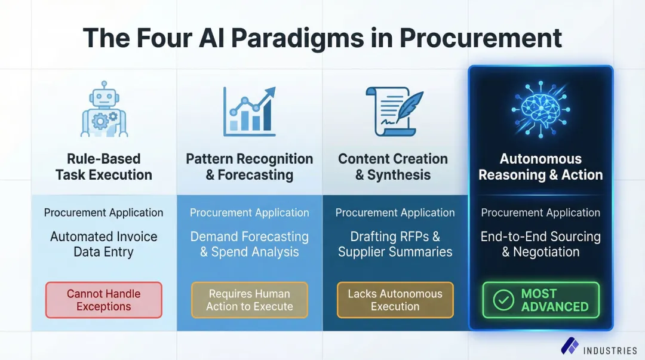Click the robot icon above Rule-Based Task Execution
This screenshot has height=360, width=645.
[x=104, y=109]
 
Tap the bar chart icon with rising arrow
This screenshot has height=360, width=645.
[x=249, y=110]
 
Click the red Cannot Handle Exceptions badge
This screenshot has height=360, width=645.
[x=104, y=300]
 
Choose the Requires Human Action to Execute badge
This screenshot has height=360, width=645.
[x=249, y=300]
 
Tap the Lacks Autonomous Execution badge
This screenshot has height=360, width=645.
[x=395, y=300]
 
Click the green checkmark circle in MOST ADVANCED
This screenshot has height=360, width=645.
[x=503, y=300]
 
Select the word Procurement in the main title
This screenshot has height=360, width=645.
[x=480, y=38]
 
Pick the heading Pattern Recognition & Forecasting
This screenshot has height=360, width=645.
[x=249, y=167]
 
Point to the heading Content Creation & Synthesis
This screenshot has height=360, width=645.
[x=393, y=167]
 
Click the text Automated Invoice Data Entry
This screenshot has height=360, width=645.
[x=104, y=244]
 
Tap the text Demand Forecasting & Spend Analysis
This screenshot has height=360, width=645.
[x=249, y=244]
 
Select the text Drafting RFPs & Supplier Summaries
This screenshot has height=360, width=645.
[x=395, y=244]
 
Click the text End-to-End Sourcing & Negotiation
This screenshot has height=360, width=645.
[x=540, y=244]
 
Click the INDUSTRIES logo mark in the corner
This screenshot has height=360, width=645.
[x=569, y=345]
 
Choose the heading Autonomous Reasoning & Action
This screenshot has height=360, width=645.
[x=540, y=167]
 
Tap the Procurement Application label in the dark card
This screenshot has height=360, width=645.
[x=540, y=213]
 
